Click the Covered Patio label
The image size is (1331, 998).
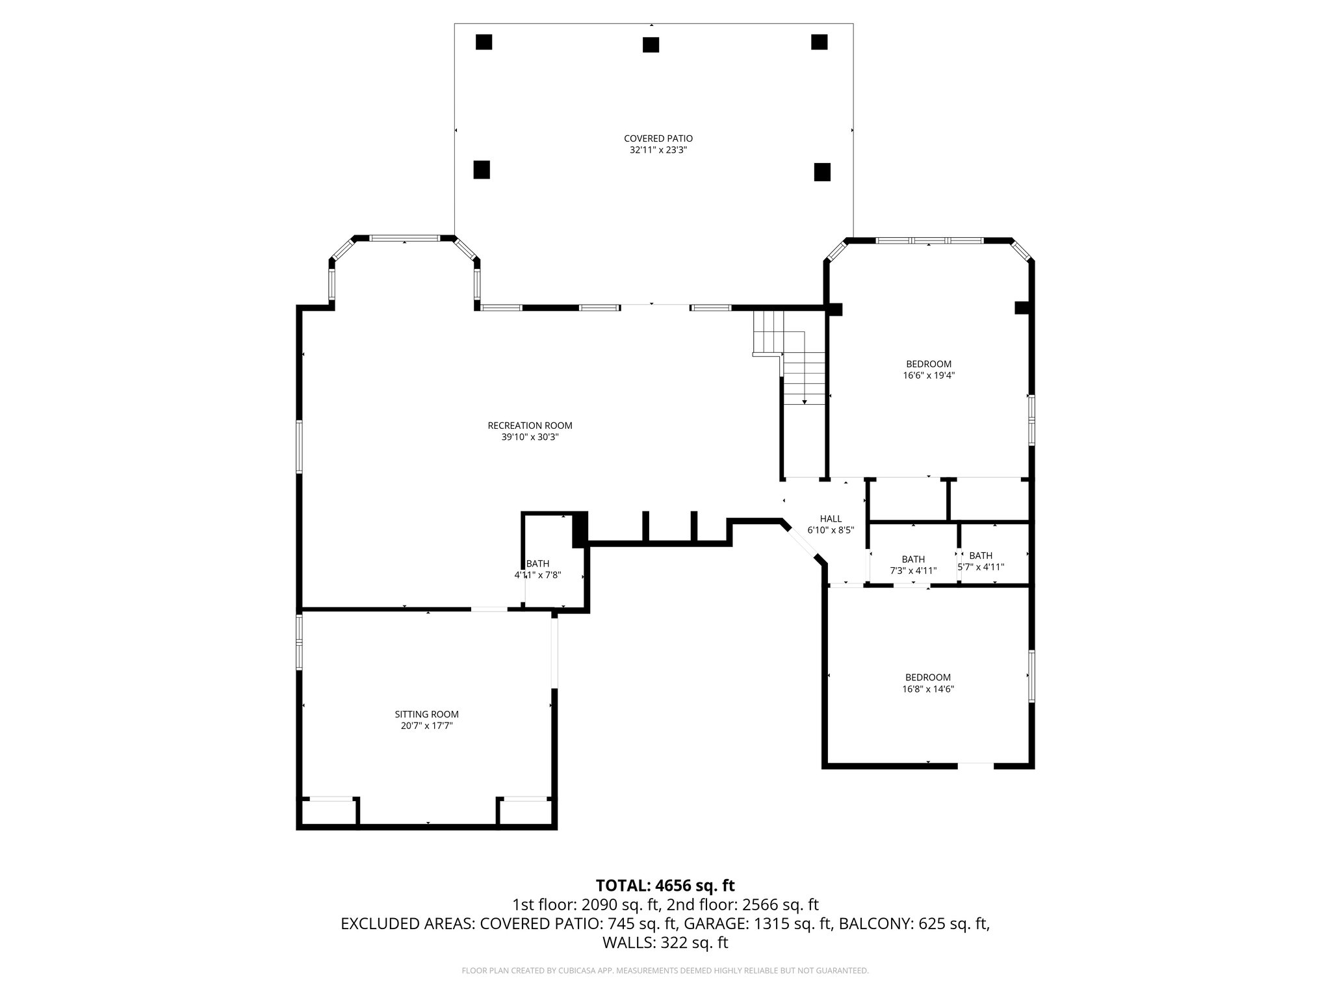658,138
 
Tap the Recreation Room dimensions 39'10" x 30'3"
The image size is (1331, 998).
530,437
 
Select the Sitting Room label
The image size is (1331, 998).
426,714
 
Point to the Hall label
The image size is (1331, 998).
830,518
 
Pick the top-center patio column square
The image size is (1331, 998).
651,44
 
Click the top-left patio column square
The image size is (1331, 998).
484,42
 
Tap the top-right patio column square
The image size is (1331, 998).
819,42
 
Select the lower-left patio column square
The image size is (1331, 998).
481,170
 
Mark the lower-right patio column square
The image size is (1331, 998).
822,172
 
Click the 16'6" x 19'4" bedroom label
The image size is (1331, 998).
929,364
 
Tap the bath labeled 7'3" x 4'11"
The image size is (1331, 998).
912,565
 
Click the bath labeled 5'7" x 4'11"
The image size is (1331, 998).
981,561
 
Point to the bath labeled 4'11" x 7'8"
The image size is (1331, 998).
537,569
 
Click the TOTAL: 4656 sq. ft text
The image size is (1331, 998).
665,886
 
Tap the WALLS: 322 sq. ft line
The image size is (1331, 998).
665,943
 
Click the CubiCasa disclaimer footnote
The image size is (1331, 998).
665,971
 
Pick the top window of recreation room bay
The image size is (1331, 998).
404,238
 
